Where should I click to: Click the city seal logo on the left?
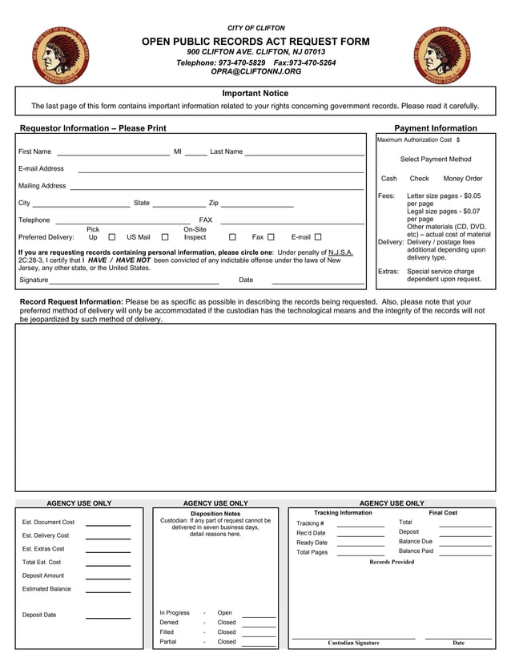(x=62, y=55)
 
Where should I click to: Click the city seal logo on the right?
(x=442, y=55)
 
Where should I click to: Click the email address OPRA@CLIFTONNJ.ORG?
(x=255, y=71)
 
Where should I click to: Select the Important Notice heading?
(x=255, y=94)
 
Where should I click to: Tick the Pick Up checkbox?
(x=111, y=237)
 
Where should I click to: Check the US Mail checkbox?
(x=165, y=237)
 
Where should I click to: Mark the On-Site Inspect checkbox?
(x=232, y=237)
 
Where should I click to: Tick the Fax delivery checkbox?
(x=271, y=237)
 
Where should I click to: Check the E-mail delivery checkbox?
(x=318, y=237)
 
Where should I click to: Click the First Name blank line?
(x=113, y=153)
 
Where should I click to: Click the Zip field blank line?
(x=257, y=205)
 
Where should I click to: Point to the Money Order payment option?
(x=463, y=179)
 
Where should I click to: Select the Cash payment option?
(x=389, y=179)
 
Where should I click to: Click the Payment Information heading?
(x=436, y=128)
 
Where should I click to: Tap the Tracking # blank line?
(x=360, y=525)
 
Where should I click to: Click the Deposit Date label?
(x=39, y=616)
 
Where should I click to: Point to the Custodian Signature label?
(x=353, y=643)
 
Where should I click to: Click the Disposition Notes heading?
(x=215, y=514)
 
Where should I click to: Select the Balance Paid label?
(x=416, y=551)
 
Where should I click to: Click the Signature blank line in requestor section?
(x=134, y=282)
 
